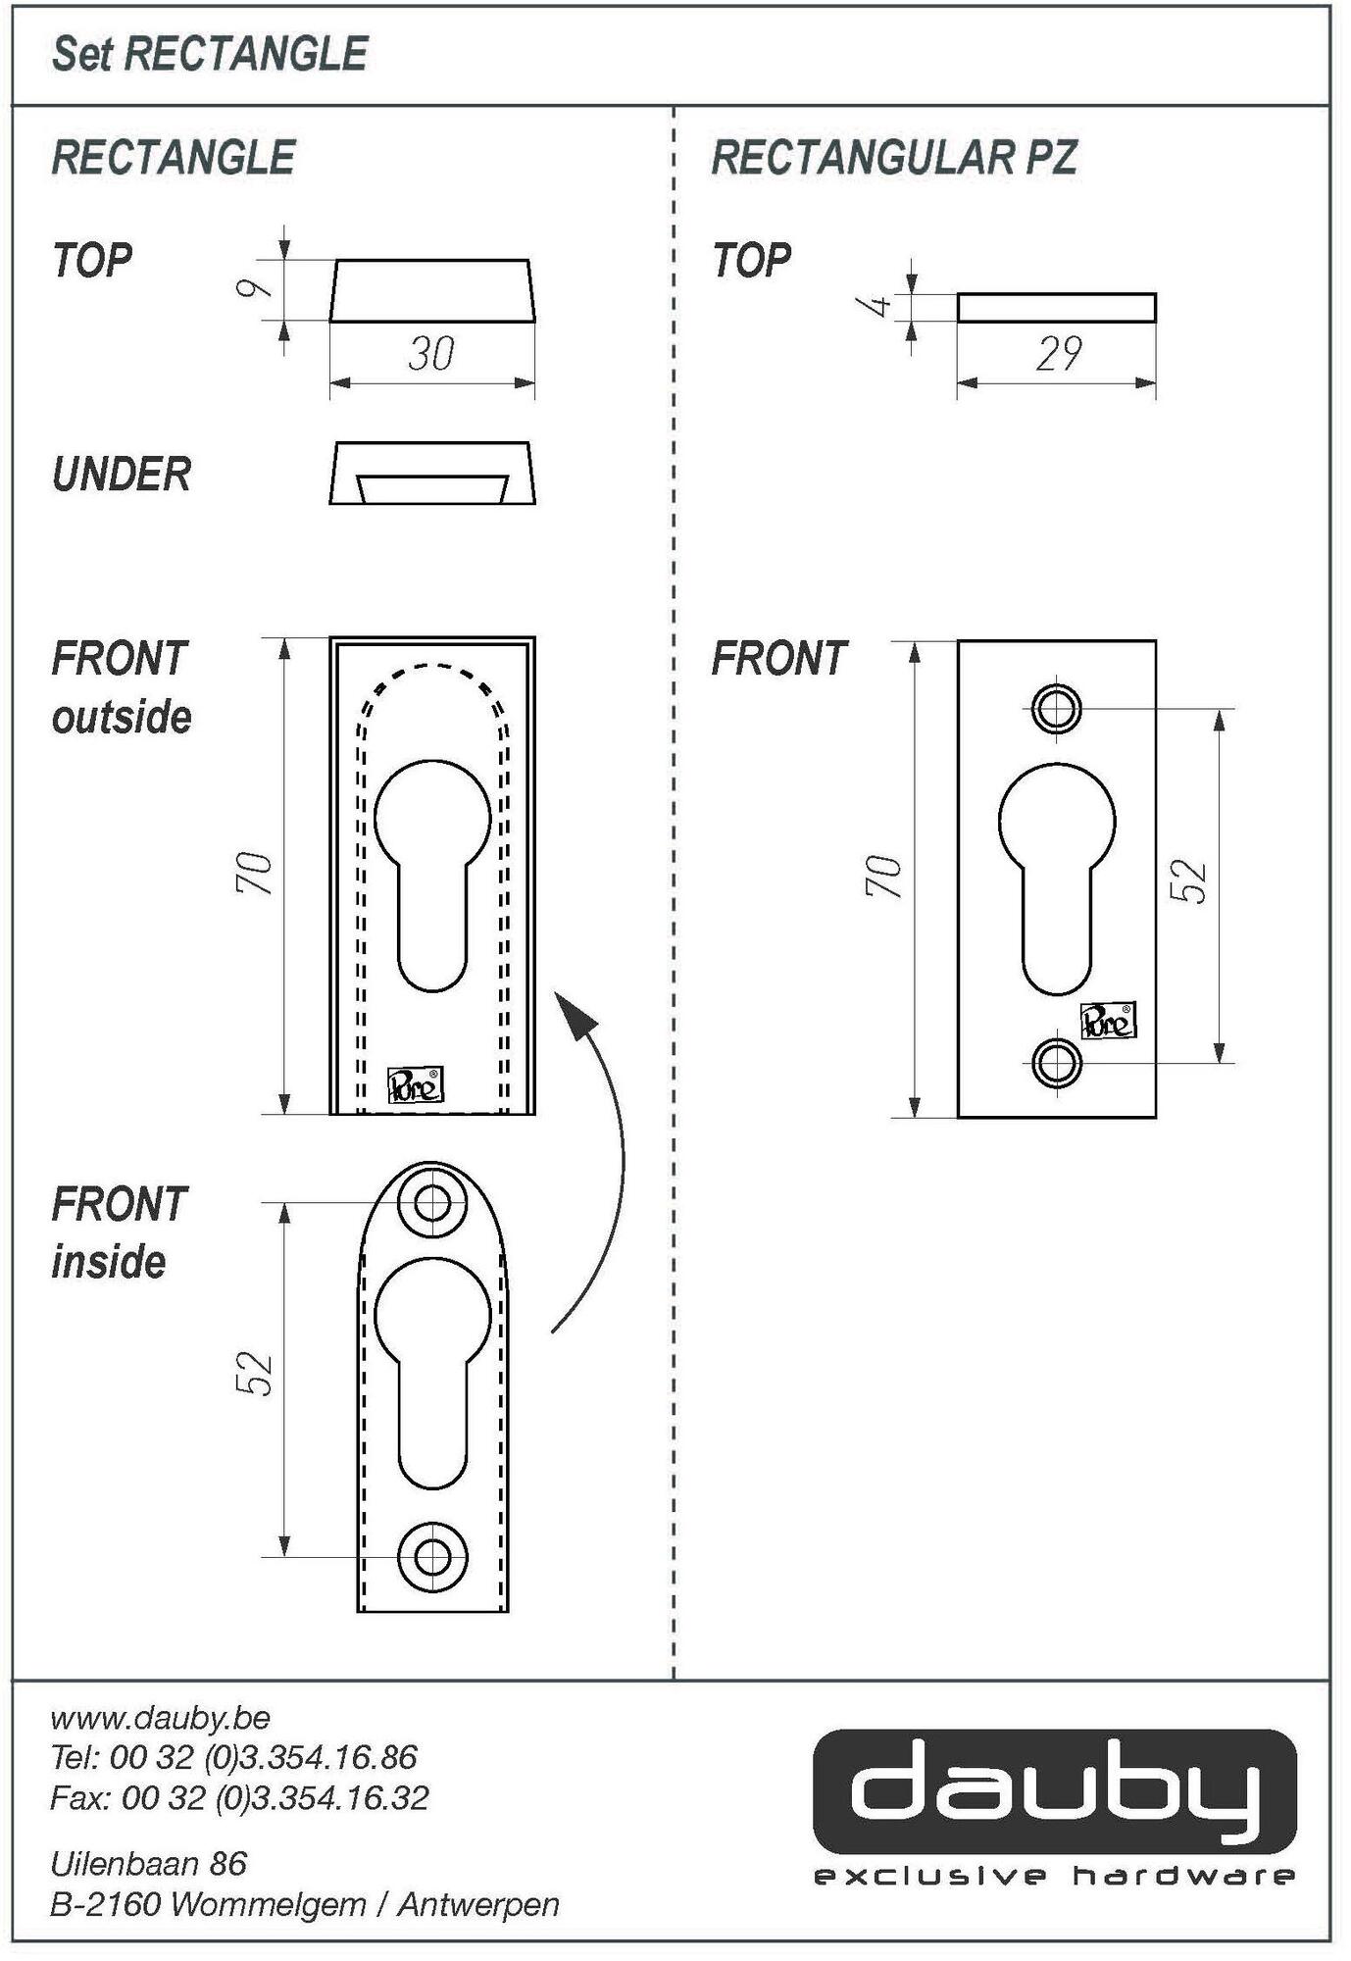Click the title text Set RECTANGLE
[209, 54]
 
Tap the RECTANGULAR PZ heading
[893, 158]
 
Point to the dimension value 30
[431, 354]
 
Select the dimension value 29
[1058, 354]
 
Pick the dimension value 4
[878, 305]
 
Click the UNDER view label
[122, 475]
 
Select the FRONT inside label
[119, 1233]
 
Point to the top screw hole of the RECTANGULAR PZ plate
[1057, 707]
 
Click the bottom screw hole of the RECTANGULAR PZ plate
[1057, 1062]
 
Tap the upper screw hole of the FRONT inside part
[432, 1202]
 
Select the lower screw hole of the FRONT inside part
[432, 1556]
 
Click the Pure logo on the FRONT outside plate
[416, 1084]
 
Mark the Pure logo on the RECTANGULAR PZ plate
[1108, 1023]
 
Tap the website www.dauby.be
[160, 1719]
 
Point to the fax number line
[239, 1798]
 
